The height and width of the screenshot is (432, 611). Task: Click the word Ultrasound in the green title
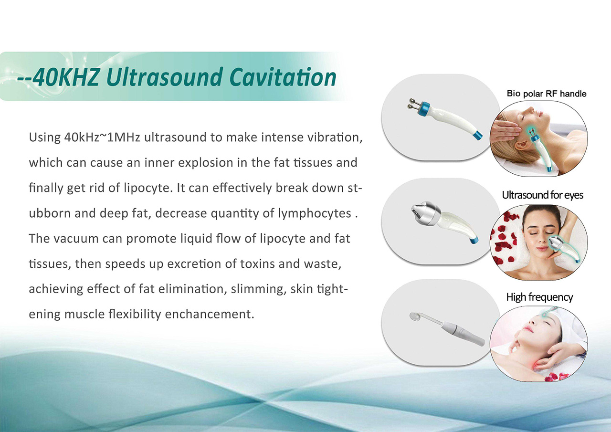(x=164, y=77)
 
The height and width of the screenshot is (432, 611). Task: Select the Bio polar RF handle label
(x=547, y=94)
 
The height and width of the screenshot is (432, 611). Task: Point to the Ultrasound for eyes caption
(x=543, y=195)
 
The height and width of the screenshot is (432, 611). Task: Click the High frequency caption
(x=539, y=297)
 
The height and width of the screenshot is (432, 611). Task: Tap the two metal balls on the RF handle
(x=412, y=104)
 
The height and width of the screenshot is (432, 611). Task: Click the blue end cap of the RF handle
(x=477, y=135)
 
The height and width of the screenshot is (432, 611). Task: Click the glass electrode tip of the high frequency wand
(x=415, y=317)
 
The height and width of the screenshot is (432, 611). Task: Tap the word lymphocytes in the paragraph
(x=315, y=213)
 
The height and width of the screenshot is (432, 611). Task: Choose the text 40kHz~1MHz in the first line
(x=102, y=137)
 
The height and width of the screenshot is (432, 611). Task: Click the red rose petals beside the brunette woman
(x=505, y=240)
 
